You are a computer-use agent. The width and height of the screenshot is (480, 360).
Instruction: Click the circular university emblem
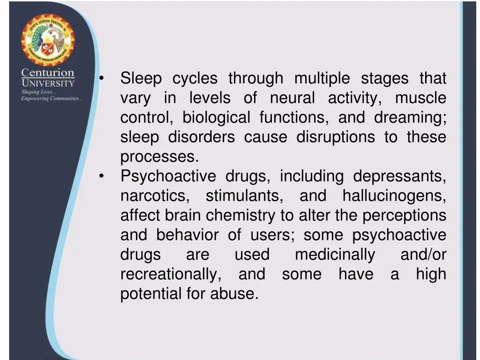47,40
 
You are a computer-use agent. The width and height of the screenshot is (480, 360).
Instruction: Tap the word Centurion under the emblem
47,73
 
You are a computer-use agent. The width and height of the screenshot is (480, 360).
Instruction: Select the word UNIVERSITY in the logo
47,83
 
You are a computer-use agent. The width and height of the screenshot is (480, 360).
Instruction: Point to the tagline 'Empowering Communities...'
51,98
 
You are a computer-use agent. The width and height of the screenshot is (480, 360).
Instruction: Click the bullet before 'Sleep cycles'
102,78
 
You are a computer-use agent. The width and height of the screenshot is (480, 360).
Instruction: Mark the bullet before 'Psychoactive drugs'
102,177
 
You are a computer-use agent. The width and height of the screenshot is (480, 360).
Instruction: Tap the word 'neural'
292,98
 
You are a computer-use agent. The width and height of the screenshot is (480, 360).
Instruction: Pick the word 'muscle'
420,98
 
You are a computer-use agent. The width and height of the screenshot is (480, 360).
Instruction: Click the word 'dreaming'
409,118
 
